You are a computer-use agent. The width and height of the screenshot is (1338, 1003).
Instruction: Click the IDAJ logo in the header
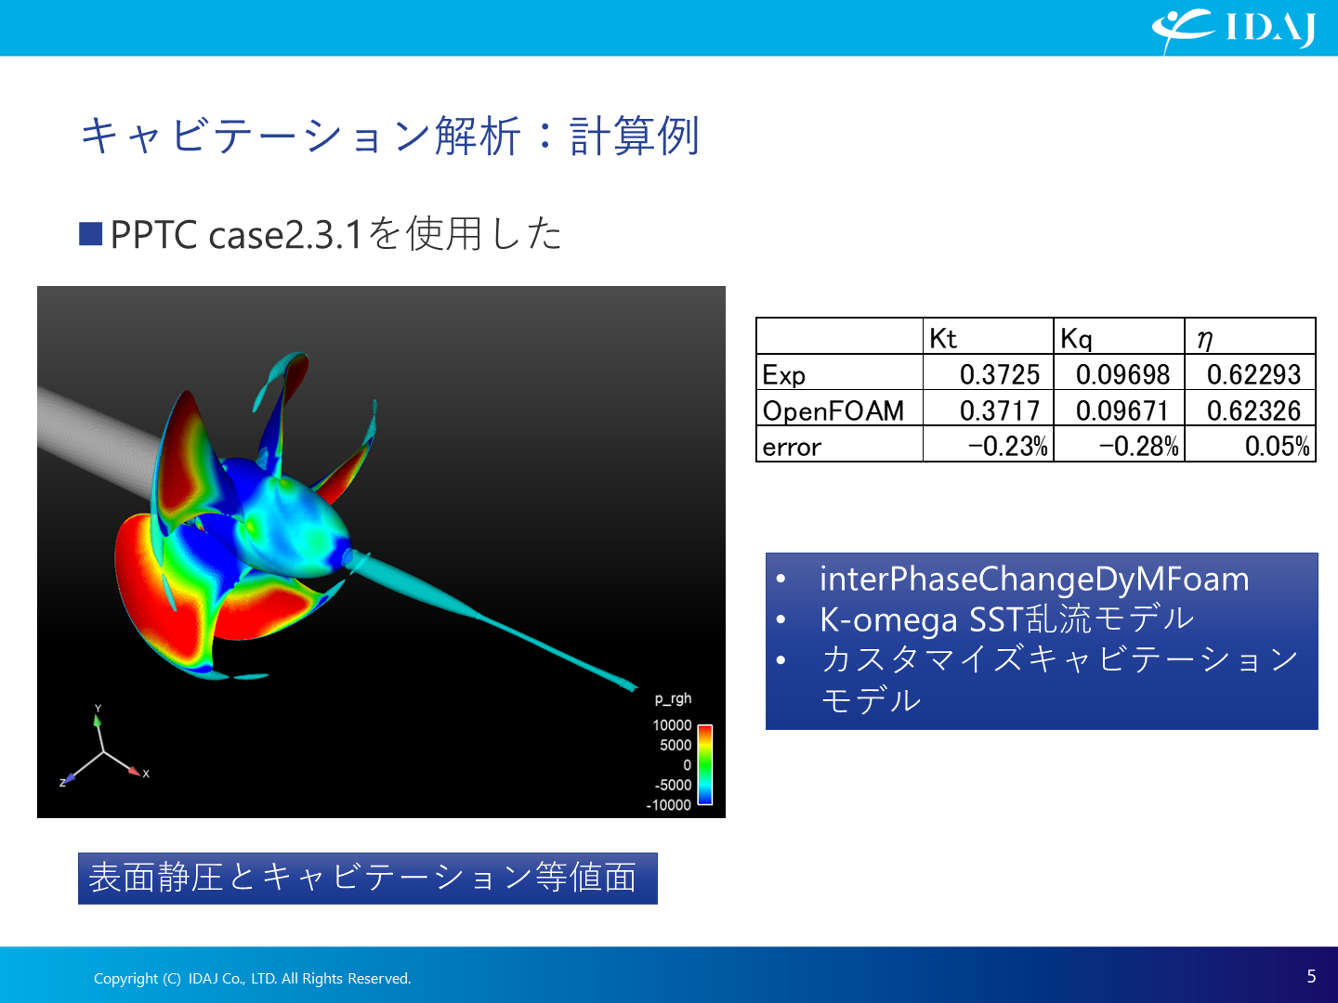(x=1233, y=29)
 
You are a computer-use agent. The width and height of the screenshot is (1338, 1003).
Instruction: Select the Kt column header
(x=942, y=338)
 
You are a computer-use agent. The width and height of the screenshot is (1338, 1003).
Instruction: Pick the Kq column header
(x=1076, y=339)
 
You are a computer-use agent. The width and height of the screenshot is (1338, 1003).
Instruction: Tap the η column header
(x=1204, y=340)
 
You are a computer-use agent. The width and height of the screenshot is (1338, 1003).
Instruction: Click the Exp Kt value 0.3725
(x=1000, y=374)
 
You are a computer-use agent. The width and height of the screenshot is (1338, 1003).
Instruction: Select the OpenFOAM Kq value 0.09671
(x=1122, y=410)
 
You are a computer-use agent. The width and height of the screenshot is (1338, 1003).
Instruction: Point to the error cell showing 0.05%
(x=1277, y=447)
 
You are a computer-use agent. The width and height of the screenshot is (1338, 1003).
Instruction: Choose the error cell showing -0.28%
(x=1138, y=447)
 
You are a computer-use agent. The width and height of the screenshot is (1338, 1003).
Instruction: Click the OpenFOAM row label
(x=833, y=411)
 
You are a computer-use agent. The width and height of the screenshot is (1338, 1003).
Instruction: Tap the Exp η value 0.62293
(x=1253, y=374)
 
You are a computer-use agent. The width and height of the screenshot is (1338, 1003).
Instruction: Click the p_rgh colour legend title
(x=673, y=698)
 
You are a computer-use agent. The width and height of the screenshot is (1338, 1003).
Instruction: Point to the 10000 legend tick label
(x=672, y=725)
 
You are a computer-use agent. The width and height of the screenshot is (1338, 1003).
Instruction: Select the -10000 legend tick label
(x=669, y=805)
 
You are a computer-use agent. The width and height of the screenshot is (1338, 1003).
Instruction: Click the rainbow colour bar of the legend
(x=705, y=765)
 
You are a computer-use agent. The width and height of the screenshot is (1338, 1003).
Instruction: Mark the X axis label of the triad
(x=146, y=774)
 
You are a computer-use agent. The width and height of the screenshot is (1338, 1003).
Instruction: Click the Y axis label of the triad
(x=98, y=709)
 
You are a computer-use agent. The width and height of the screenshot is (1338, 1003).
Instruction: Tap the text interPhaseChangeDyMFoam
(x=1034, y=579)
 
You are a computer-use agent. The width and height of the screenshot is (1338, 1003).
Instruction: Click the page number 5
(x=1311, y=976)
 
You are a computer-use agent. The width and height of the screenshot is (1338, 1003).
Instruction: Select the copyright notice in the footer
(x=253, y=978)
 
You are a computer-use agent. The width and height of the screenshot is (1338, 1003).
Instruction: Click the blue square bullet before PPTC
(x=90, y=234)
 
